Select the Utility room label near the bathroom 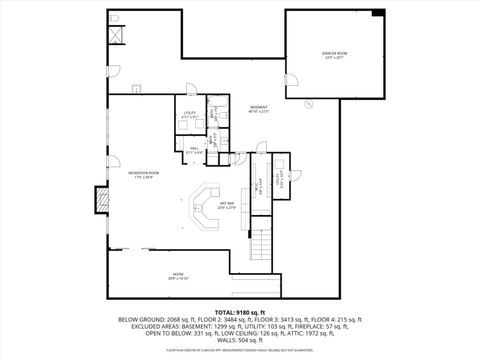click(190, 118)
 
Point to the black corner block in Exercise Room click(377, 12)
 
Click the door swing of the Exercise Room click(297, 85)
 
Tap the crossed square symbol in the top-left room click(118, 37)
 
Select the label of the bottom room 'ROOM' click(177, 274)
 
